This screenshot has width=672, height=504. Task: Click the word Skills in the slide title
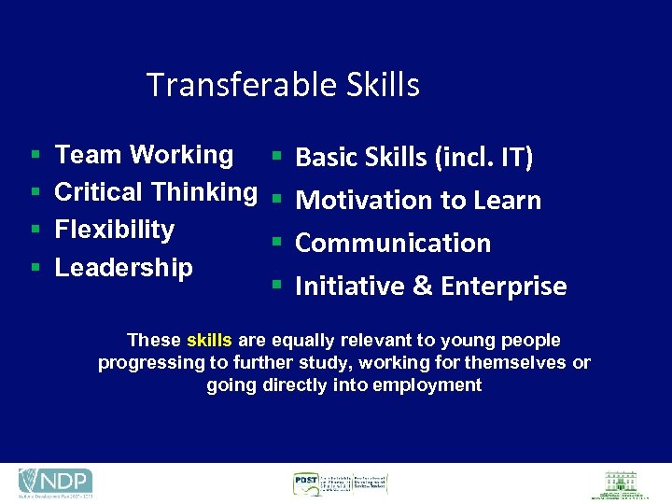coord(383,85)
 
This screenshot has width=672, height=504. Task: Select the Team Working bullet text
coord(144,155)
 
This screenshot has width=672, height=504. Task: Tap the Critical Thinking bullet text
coord(156,192)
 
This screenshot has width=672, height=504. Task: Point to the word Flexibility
coord(115,230)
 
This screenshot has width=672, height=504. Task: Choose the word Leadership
coord(124,268)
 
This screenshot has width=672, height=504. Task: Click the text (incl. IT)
coord(485,159)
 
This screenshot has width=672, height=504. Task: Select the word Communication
coord(393,243)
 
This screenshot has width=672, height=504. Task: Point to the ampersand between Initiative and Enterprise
coord(422,286)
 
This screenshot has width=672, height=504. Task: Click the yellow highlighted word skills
coord(209,341)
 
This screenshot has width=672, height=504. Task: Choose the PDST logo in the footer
coord(339,483)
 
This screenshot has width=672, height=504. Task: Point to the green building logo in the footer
coord(621,483)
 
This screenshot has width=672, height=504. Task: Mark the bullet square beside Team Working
coord(35,156)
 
